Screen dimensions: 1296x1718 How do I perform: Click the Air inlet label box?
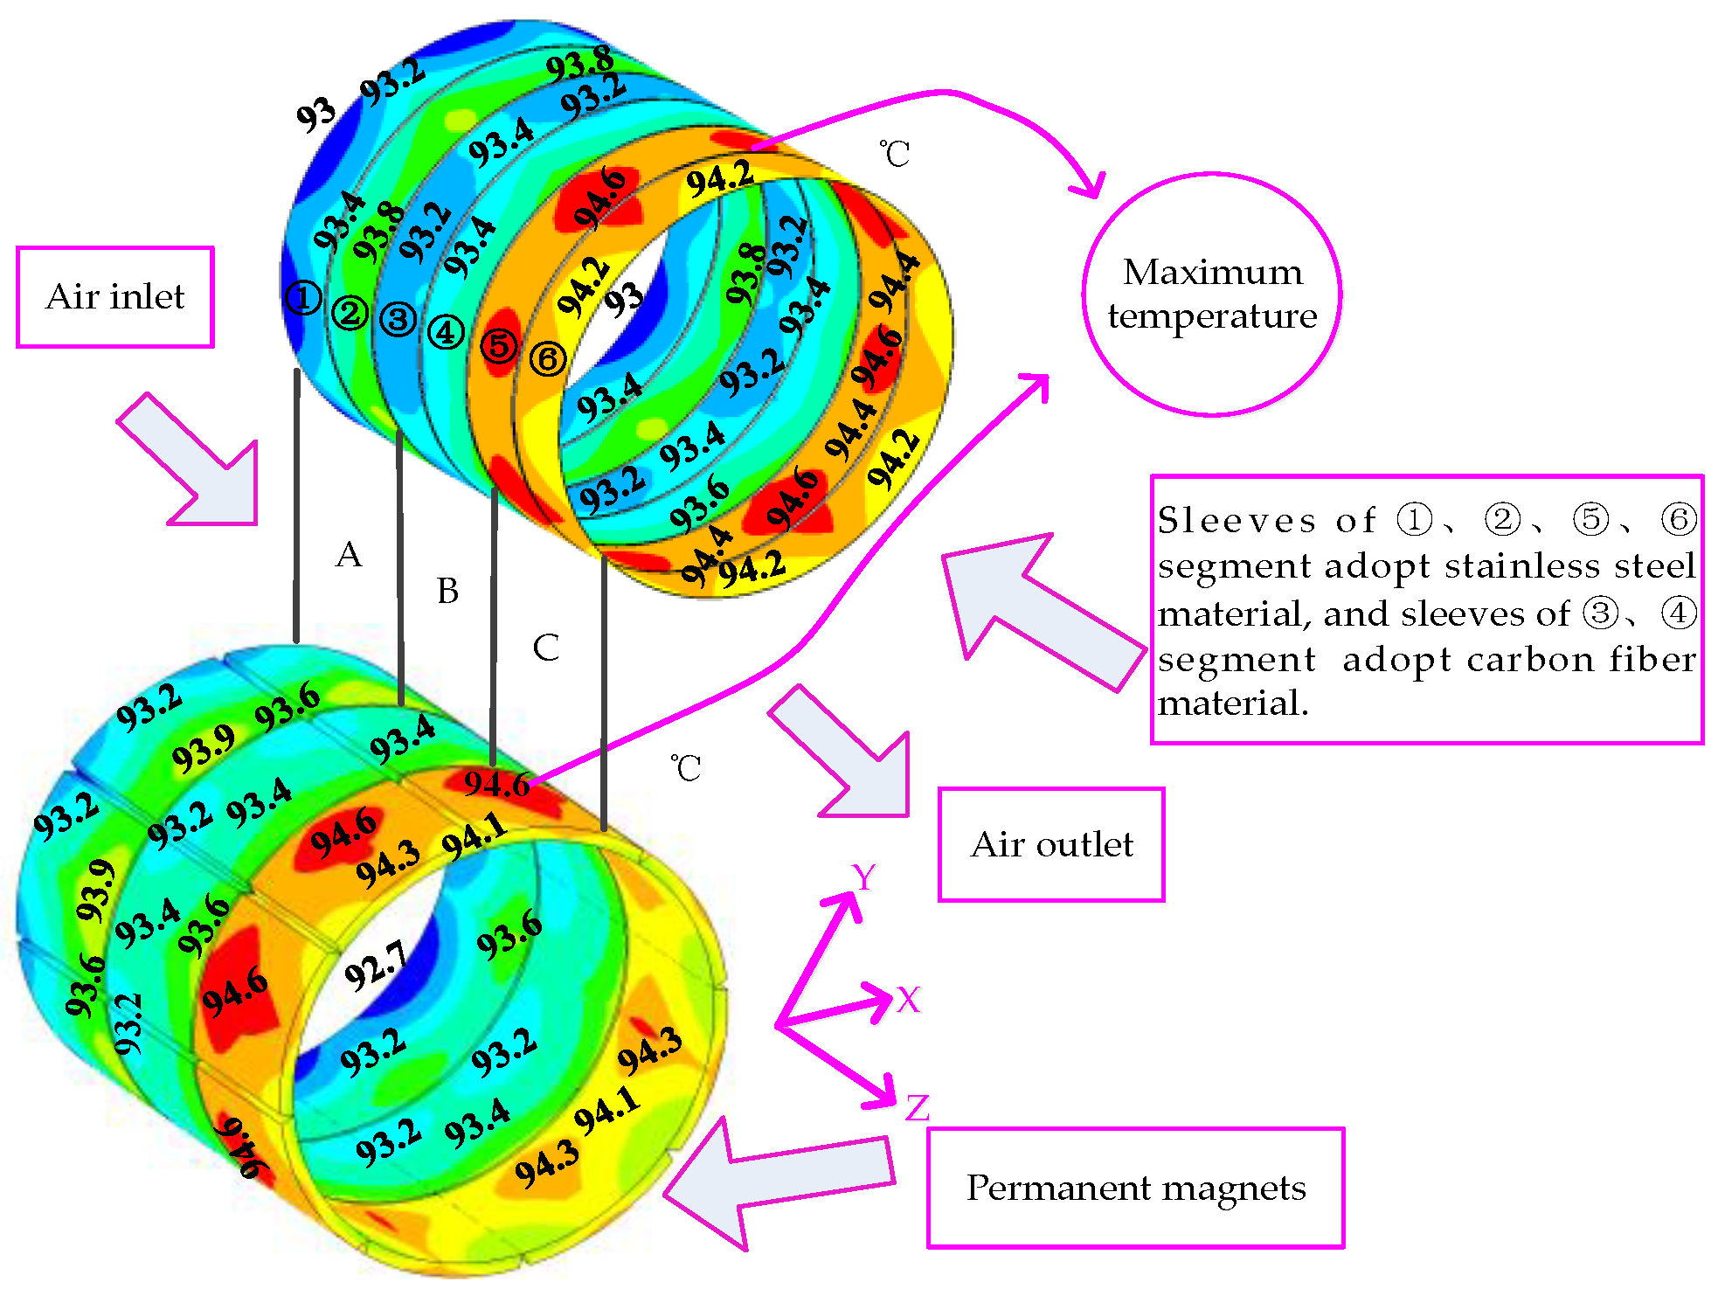(114, 297)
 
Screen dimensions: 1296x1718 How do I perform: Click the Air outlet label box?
(1051, 844)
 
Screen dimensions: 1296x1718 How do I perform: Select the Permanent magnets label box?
(1135, 1188)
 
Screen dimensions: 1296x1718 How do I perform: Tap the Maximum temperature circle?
(1211, 294)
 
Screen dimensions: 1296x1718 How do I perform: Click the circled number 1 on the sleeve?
(302, 298)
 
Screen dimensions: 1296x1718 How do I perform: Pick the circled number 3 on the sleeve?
(398, 319)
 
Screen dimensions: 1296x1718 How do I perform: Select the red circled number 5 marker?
(499, 345)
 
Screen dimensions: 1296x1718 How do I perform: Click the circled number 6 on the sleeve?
(548, 358)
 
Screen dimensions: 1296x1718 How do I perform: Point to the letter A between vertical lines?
(349, 555)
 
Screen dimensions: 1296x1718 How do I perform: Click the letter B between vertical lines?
(447, 592)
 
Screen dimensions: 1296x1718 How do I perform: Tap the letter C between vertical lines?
(545, 648)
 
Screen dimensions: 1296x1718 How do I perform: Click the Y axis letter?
(863, 877)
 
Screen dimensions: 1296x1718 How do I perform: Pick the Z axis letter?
(917, 1108)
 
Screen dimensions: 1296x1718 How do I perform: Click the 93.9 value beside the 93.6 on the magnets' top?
(203, 750)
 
